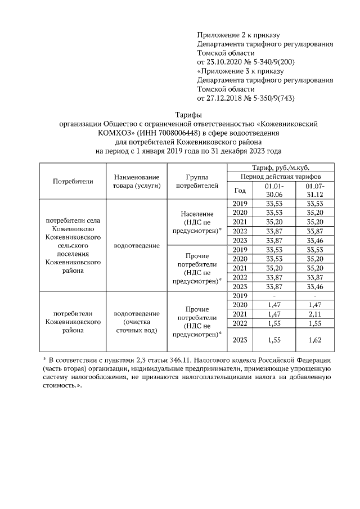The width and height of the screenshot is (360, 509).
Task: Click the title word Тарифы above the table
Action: (180, 115)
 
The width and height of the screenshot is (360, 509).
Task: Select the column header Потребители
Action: (73, 181)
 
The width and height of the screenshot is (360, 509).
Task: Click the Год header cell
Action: (240, 190)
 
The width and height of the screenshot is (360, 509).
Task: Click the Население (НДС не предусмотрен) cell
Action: (197, 222)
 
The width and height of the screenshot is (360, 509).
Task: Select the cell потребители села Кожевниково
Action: (73, 245)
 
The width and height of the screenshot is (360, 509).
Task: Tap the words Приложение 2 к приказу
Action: (238, 35)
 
